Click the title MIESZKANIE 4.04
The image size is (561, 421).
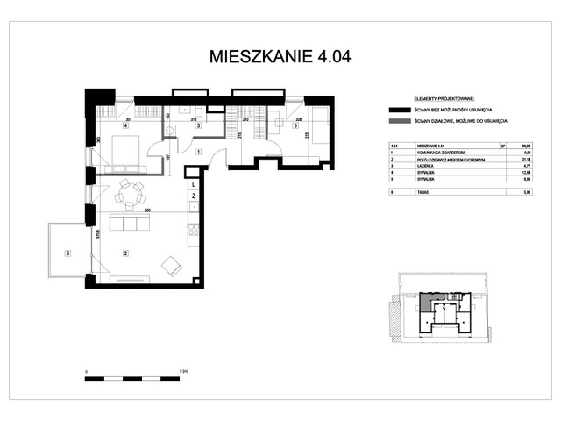pos(280,57)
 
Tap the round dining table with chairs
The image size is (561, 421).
pos(131,195)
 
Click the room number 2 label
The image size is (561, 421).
pos(126,253)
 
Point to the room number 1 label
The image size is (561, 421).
pos(199,153)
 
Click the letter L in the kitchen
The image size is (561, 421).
pos(192,185)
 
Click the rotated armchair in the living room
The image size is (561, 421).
pos(171,265)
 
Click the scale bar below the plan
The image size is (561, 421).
pos(131,378)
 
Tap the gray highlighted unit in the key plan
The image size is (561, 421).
pos(425,303)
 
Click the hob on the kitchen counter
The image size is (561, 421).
pos(193,231)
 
